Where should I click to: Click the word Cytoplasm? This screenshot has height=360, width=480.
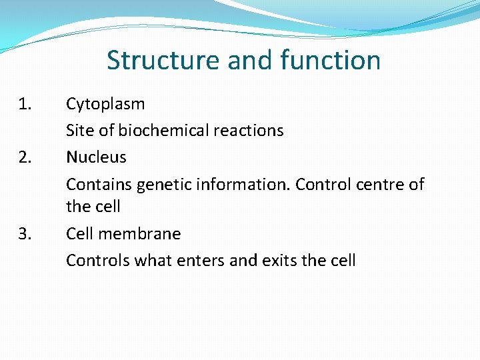tap(105, 105)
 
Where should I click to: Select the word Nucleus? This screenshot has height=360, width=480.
tap(96, 157)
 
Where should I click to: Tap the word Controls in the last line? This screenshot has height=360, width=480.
tap(97, 261)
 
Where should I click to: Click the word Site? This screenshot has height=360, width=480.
tap(80, 131)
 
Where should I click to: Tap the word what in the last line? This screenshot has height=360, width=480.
tap(151, 261)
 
